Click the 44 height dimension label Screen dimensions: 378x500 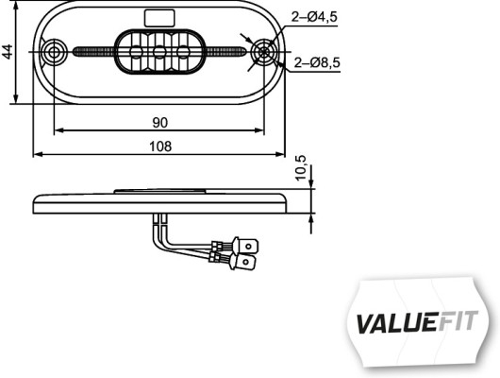(x=8, y=51)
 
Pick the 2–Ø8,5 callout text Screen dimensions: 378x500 (x=316, y=63)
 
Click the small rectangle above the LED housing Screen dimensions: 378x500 (x=158, y=17)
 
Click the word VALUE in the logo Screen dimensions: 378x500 (x=394, y=321)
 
